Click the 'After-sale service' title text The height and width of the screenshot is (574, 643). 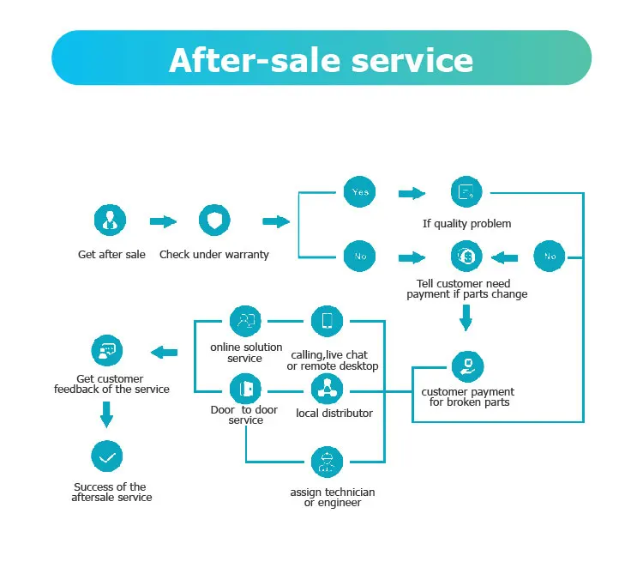tap(321, 59)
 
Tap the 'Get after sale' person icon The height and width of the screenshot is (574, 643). tap(110, 221)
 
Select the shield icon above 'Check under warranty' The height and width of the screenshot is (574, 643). tap(213, 221)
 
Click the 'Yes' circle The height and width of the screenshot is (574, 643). tap(359, 192)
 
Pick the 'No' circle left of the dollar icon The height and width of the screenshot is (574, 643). tap(359, 256)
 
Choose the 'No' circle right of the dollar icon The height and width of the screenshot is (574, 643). tap(550, 256)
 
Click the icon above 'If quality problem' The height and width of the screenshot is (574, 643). tap(466, 192)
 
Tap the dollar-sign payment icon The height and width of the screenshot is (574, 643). tap(466, 256)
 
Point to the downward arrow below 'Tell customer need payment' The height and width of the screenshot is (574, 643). tap(466, 321)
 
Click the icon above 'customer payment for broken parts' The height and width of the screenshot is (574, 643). tap(467, 366)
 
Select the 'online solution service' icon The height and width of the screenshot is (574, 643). tap(246, 322)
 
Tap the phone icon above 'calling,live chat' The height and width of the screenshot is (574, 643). tap(327, 322)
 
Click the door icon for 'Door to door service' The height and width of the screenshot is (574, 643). tap(246, 389)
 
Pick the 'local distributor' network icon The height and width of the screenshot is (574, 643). tap(327, 389)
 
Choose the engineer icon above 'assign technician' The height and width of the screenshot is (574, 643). tap(327, 462)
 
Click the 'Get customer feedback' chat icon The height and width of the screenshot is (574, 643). tap(107, 351)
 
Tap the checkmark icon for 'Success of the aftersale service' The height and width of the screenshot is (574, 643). tap(107, 457)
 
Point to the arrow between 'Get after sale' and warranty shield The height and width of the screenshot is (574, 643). tap(162, 221)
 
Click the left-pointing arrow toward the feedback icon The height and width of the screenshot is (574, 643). tap(165, 352)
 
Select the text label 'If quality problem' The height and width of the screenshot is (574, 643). tap(466, 224)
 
